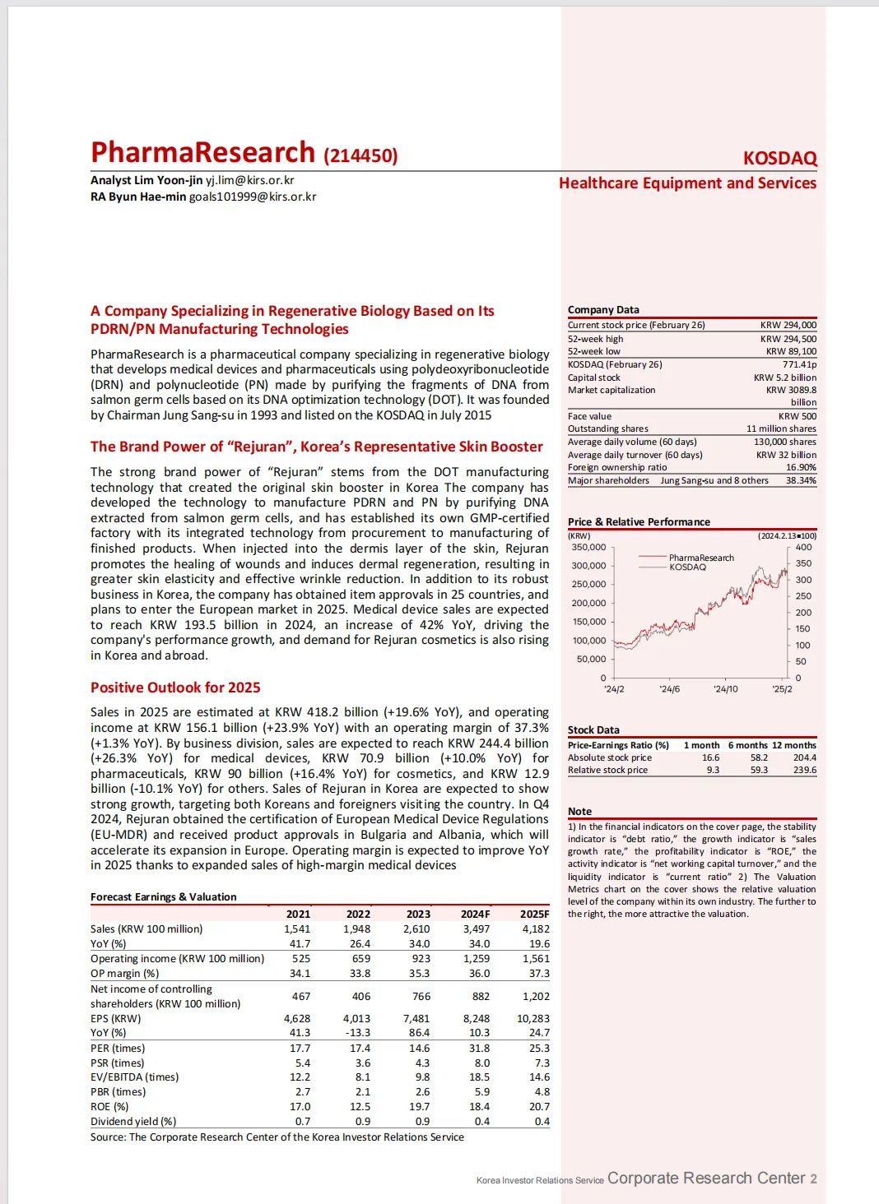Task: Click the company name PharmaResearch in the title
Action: [202, 153]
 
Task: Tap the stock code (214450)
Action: [360, 155]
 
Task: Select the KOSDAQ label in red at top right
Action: [779, 158]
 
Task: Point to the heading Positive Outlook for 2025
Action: [175, 688]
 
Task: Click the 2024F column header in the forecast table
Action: [475, 914]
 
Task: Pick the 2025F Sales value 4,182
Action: [535, 928]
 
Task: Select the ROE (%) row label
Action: [109, 1106]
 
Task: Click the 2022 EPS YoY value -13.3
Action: [358, 1032]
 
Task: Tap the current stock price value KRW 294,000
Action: [788, 325]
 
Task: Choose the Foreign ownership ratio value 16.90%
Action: [801, 467]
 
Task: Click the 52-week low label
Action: [593, 351]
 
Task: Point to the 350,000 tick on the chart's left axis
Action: [588, 547]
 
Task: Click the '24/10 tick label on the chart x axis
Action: [725, 689]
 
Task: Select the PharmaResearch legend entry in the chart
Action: [700, 558]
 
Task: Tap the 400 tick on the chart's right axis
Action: [803, 547]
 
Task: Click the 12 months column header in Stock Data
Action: [793, 745]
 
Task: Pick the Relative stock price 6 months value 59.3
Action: [759, 770]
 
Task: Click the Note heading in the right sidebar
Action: [579, 811]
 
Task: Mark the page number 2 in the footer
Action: [813, 1179]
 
